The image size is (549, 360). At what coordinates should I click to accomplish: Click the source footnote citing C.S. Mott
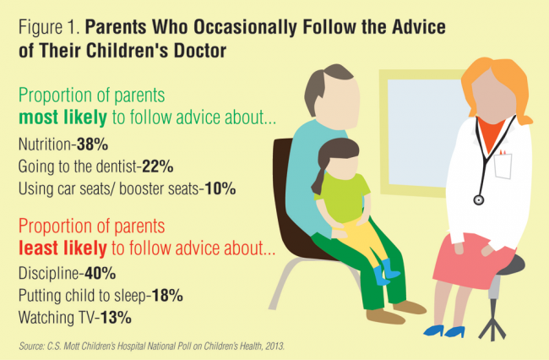click(x=152, y=341)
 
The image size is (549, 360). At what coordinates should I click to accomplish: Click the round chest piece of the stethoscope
click(x=479, y=199)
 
